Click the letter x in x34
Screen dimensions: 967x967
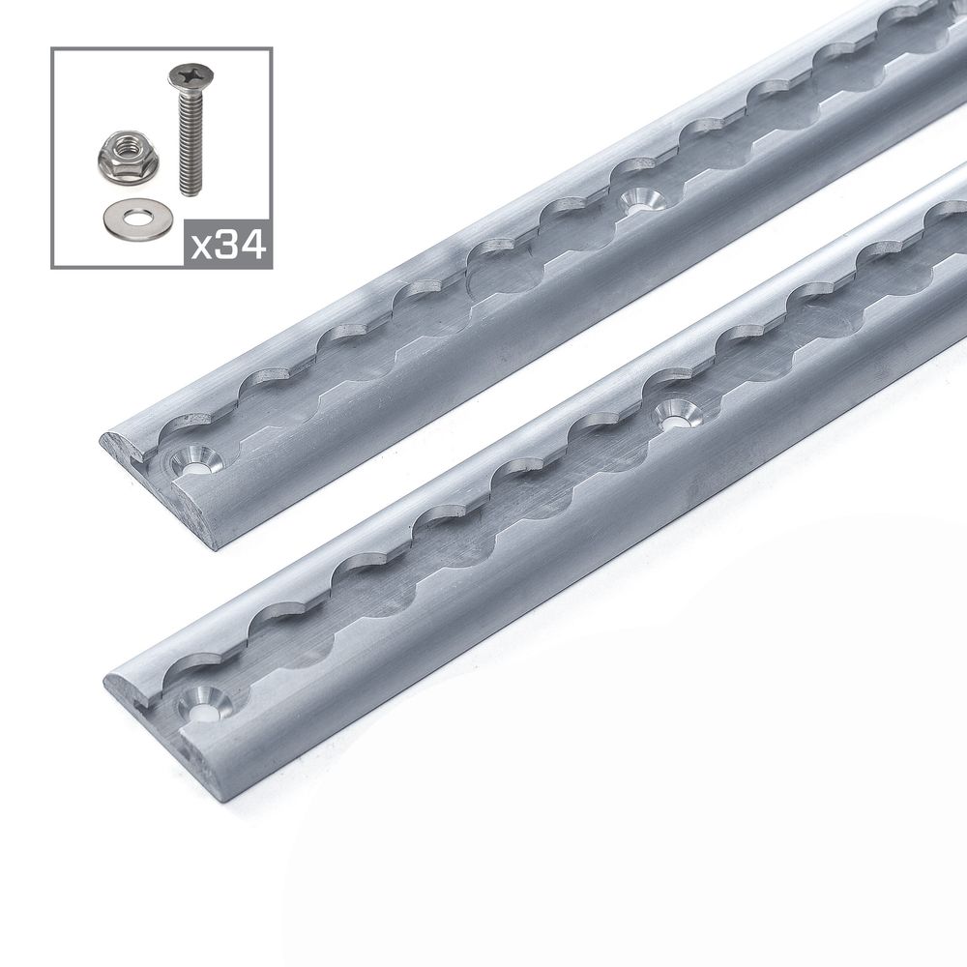pyautogui.click(x=203, y=247)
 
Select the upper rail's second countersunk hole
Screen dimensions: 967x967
pyautogui.click(x=636, y=202)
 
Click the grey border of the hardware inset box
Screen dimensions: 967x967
pyautogui.click(x=54, y=155)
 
